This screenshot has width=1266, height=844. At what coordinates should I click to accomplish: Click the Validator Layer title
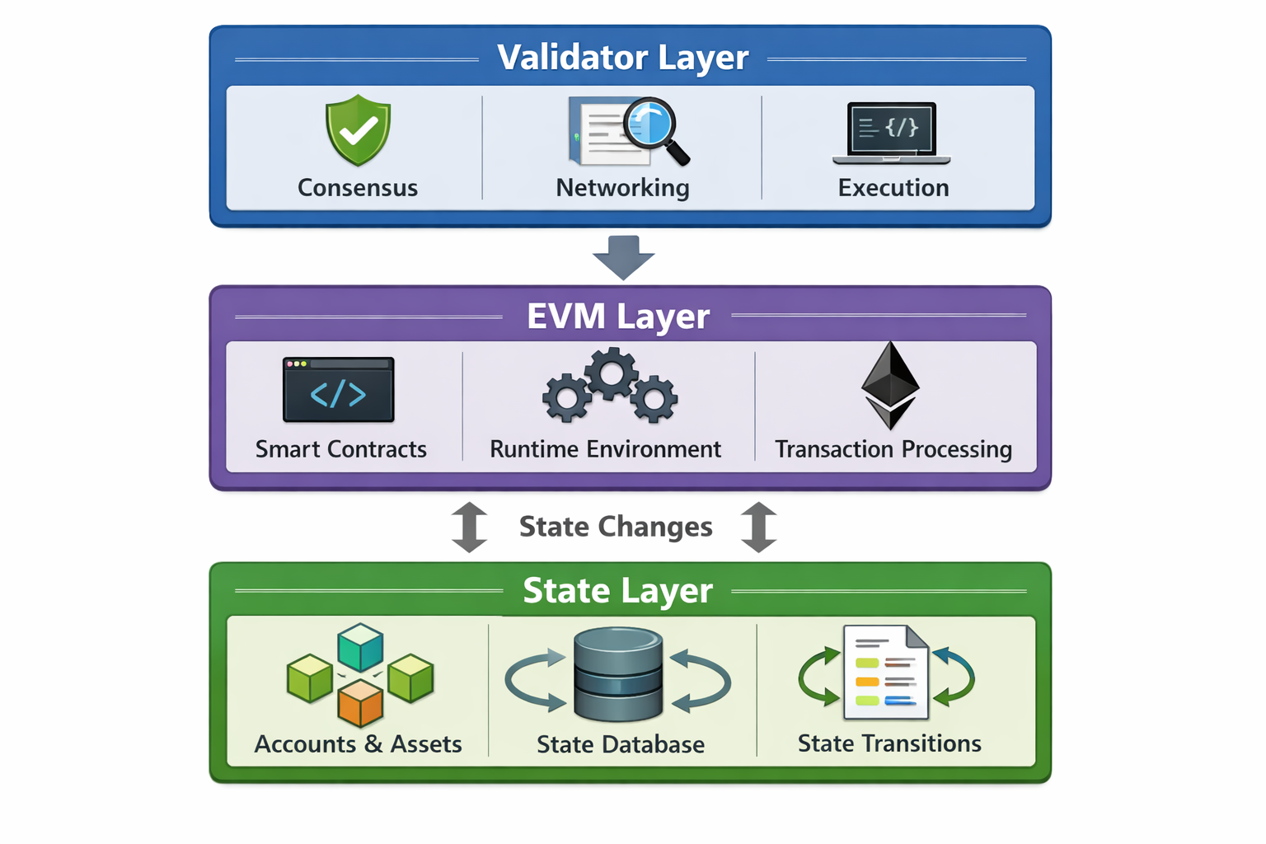point(622,58)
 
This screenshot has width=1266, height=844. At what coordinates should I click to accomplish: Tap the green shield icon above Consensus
point(358,130)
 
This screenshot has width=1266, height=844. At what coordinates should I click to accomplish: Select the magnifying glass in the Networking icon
point(653,124)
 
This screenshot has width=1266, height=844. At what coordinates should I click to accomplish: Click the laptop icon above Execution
point(892,132)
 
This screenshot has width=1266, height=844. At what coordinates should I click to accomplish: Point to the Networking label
point(622,188)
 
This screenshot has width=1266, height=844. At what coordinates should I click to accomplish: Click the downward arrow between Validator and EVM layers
point(623,257)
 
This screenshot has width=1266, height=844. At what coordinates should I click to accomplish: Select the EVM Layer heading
point(617,316)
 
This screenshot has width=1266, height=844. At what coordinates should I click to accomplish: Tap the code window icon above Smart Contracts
point(338,389)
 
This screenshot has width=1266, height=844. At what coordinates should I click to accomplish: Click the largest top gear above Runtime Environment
point(611,374)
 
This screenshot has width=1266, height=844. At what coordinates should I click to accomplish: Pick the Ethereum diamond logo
point(890,385)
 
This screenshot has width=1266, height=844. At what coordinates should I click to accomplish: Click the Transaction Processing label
point(893,449)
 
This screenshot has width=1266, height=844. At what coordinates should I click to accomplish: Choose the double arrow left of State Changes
point(470,527)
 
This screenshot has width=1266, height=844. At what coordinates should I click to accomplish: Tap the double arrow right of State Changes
point(758,527)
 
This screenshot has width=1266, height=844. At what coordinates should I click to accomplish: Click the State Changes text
point(616,527)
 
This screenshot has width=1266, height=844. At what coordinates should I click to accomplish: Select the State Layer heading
point(617,591)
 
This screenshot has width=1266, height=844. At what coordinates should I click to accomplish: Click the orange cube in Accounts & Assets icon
point(360,702)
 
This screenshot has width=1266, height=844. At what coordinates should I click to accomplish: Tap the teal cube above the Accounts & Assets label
point(360,646)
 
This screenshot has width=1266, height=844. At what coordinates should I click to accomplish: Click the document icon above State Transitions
point(885,672)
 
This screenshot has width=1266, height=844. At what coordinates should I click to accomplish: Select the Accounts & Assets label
point(358,744)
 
